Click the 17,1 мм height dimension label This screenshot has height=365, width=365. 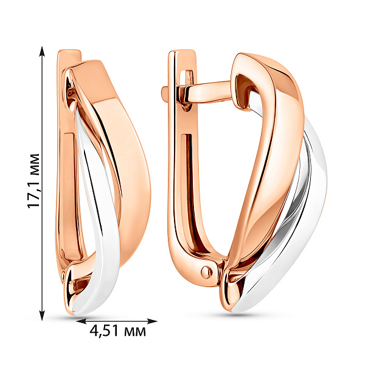tap(33, 181)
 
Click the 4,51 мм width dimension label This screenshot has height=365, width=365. tap(117, 330)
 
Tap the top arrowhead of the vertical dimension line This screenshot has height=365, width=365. tap(42, 52)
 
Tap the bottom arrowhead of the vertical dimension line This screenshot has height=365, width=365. tap(42, 315)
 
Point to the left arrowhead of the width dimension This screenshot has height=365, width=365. tap(82, 321)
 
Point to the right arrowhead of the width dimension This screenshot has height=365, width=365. tap(152, 321)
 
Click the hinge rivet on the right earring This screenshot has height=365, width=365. tap(206, 271)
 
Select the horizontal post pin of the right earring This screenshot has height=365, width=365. tap(209, 92)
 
